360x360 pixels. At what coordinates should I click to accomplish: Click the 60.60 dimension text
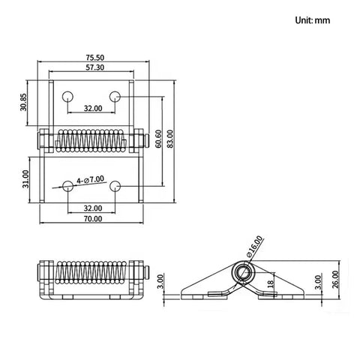click(x=159, y=139)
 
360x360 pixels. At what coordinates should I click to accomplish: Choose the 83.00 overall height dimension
click(x=170, y=139)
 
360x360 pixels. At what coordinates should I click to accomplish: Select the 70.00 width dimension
click(x=93, y=218)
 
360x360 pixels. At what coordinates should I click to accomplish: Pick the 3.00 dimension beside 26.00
click(x=317, y=283)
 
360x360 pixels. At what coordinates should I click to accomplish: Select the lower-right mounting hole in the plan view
click(x=116, y=184)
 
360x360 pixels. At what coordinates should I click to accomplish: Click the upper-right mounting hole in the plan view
click(x=116, y=96)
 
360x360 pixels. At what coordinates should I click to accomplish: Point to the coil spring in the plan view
click(x=91, y=140)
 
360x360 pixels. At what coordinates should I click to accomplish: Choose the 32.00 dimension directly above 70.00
click(x=93, y=208)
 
